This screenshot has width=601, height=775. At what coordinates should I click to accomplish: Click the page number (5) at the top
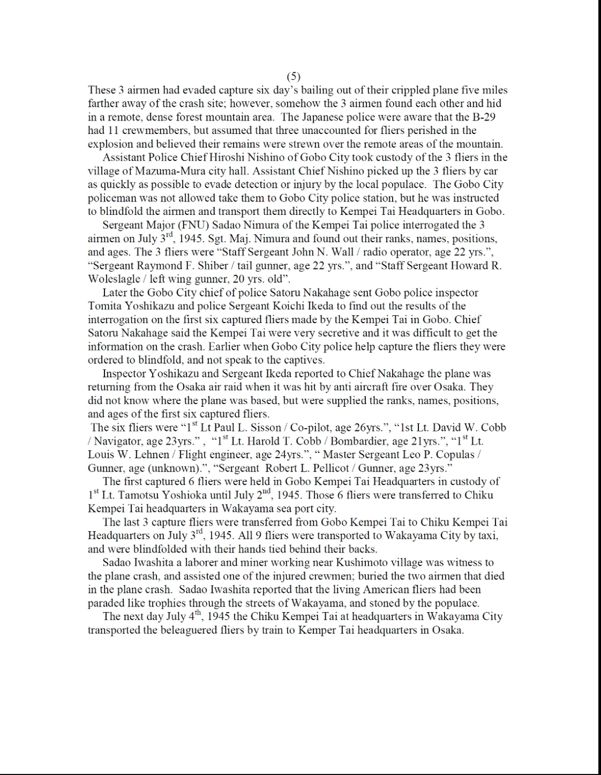pyautogui.click(x=294, y=76)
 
